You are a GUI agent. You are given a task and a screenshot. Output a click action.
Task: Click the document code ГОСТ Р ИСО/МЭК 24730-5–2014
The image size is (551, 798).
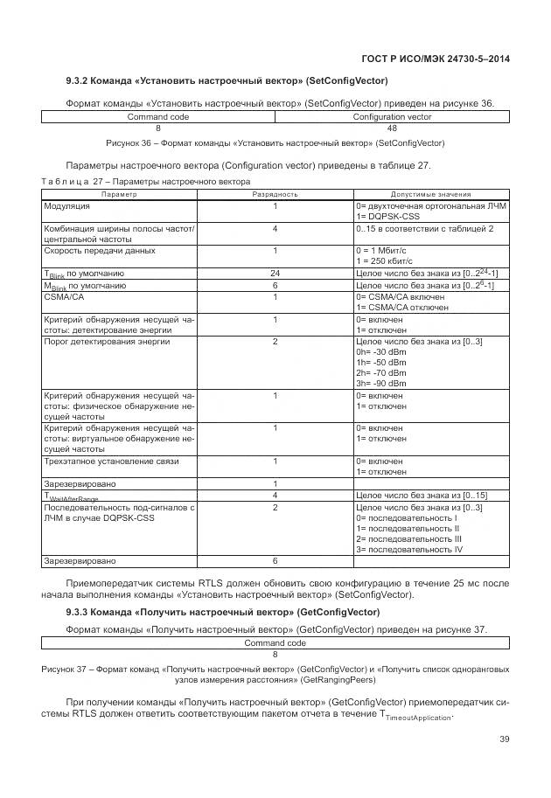pyautogui.click(x=435, y=59)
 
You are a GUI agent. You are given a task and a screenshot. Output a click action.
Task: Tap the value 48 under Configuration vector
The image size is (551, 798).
pyautogui.click(x=392, y=128)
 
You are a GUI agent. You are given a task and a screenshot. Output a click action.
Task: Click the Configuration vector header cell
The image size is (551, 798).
pyautogui.click(x=392, y=116)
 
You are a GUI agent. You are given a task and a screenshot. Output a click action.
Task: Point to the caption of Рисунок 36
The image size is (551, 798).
pyautogui.click(x=275, y=142)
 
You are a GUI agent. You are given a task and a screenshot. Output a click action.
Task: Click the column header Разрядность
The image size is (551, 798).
pyautogui.click(x=275, y=194)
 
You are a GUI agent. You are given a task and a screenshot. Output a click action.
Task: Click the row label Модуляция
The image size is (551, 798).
pyautogui.click(x=66, y=207)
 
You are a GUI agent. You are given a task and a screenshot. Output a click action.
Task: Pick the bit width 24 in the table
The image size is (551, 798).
pyautogui.click(x=275, y=274)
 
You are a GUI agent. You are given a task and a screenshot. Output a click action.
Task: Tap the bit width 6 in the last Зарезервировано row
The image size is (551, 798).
pyautogui.click(x=275, y=561)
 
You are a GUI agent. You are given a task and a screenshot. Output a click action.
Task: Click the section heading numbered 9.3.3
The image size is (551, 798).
pyautogui.click(x=222, y=611)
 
